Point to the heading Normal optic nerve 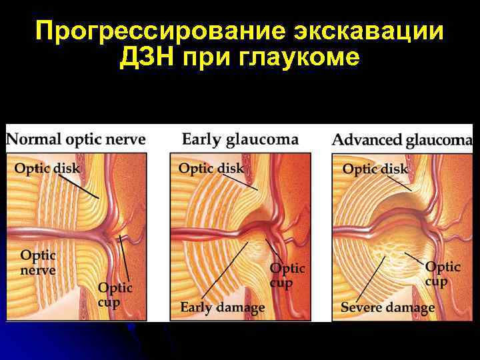point(76,140)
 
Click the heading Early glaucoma point(240,139)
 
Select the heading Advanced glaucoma point(402,140)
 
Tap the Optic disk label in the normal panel point(47,168)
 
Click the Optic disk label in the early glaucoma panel point(211,168)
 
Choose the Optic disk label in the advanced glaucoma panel point(375,169)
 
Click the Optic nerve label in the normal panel point(38,263)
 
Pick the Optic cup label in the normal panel point(115,295)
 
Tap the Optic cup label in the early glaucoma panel point(287,275)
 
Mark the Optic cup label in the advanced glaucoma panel point(443,273)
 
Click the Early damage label point(223,307)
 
